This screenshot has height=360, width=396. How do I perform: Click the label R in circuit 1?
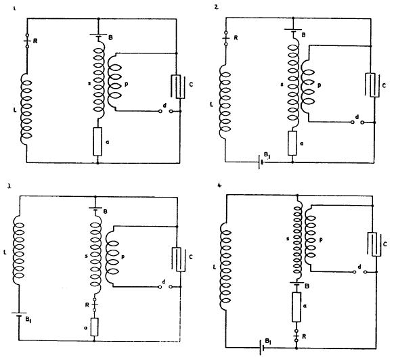[x=35, y=41]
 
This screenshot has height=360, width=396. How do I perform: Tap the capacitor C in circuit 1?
[x=178, y=87]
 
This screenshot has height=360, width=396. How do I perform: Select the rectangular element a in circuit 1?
[x=97, y=141]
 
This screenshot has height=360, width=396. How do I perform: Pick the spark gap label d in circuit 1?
[x=164, y=106]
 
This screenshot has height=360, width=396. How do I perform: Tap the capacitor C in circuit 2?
[x=372, y=85]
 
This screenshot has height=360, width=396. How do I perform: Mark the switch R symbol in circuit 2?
[x=226, y=39]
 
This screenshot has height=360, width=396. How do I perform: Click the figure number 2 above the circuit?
[x=216, y=7]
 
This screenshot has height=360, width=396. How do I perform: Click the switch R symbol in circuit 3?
[x=95, y=305]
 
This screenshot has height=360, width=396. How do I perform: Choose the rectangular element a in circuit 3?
[x=94, y=327]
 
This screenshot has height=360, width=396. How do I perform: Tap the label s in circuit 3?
[x=87, y=256]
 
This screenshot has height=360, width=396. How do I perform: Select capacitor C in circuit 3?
[x=179, y=260]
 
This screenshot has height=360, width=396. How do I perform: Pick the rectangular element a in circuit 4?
[x=296, y=307]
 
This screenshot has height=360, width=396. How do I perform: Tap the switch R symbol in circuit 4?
[x=296, y=336]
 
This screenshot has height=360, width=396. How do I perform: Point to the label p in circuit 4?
[x=321, y=240]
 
